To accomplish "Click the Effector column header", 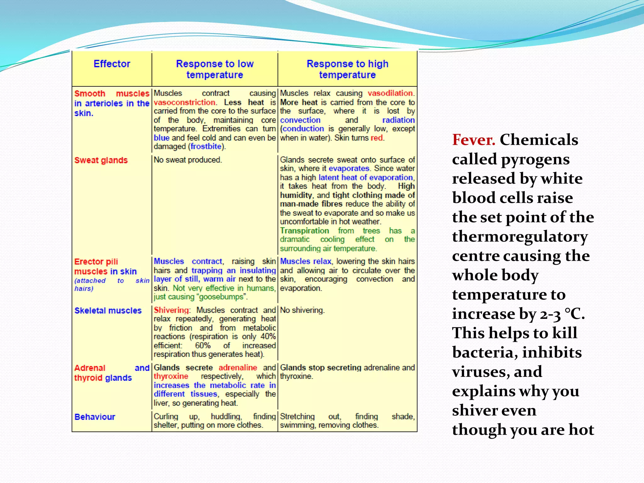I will point(112,64).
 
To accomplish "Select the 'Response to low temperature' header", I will point(214,69).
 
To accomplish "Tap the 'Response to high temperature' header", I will point(347,69).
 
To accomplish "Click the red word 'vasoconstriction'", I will point(185,103).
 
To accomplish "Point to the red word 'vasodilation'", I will point(390,93).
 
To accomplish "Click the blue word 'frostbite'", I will point(206,147).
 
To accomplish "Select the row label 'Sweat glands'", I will point(101,160).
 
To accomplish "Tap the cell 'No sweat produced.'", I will point(188,160).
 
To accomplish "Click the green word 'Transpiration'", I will point(304,231).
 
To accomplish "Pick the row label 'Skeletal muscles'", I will point(108,311).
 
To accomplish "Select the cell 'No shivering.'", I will point(302,310).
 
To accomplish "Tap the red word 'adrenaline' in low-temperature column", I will point(238,368).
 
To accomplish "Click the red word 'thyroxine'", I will point(171,376).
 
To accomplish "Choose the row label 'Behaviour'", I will point(95,417).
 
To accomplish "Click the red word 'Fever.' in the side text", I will point(473,140).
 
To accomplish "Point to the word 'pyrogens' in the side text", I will point(535,159).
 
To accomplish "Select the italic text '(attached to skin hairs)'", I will point(112,284).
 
